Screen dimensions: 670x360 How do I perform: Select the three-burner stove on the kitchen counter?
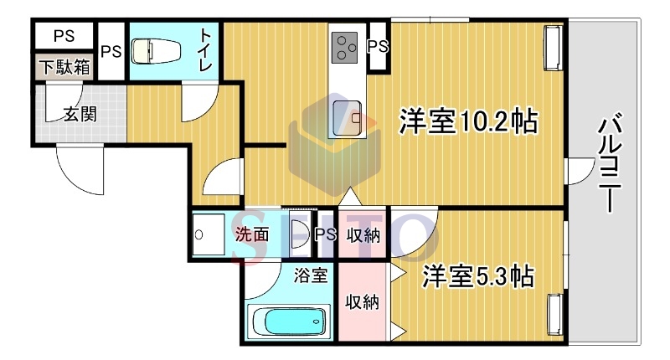click(344, 49)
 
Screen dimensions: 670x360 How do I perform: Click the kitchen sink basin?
click(347, 117)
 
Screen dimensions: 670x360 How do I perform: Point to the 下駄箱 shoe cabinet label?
click(64, 67)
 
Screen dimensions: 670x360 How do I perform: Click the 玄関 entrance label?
click(80, 114)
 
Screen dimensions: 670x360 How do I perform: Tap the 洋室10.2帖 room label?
click(468, 121)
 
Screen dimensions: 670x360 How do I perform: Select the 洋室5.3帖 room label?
click(478, 276)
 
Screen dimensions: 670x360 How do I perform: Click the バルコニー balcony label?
click(610, 162)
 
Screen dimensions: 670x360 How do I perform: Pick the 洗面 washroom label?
click(252, 234)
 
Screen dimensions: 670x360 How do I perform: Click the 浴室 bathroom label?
click(311, 275)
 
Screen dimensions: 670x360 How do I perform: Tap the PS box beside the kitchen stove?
click(379, 46)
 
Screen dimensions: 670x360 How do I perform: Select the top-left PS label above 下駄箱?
click(64, 36)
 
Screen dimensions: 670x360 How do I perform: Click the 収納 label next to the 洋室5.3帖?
click(363, 302)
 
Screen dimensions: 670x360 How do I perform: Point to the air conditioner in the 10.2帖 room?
click(554, 48)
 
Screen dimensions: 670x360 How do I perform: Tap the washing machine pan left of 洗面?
click(208, 235)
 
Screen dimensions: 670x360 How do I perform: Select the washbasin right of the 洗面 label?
click(299, 234)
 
